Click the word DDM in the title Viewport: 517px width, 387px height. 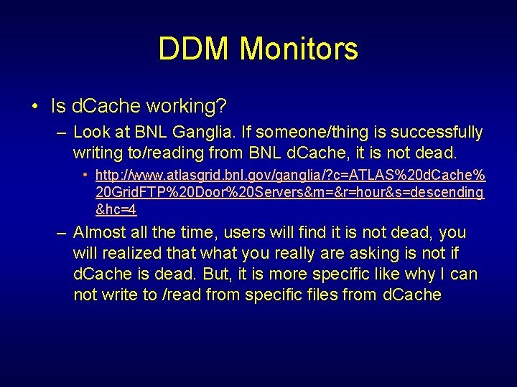point(195,49)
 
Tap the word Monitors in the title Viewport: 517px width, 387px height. point(299,49)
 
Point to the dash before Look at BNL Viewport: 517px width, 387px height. point(62,133)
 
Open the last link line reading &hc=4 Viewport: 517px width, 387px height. point(116,209)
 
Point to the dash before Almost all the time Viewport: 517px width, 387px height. point(62,233)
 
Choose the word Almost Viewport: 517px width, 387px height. point(99,233)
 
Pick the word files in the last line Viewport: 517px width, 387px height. point(335,295)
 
